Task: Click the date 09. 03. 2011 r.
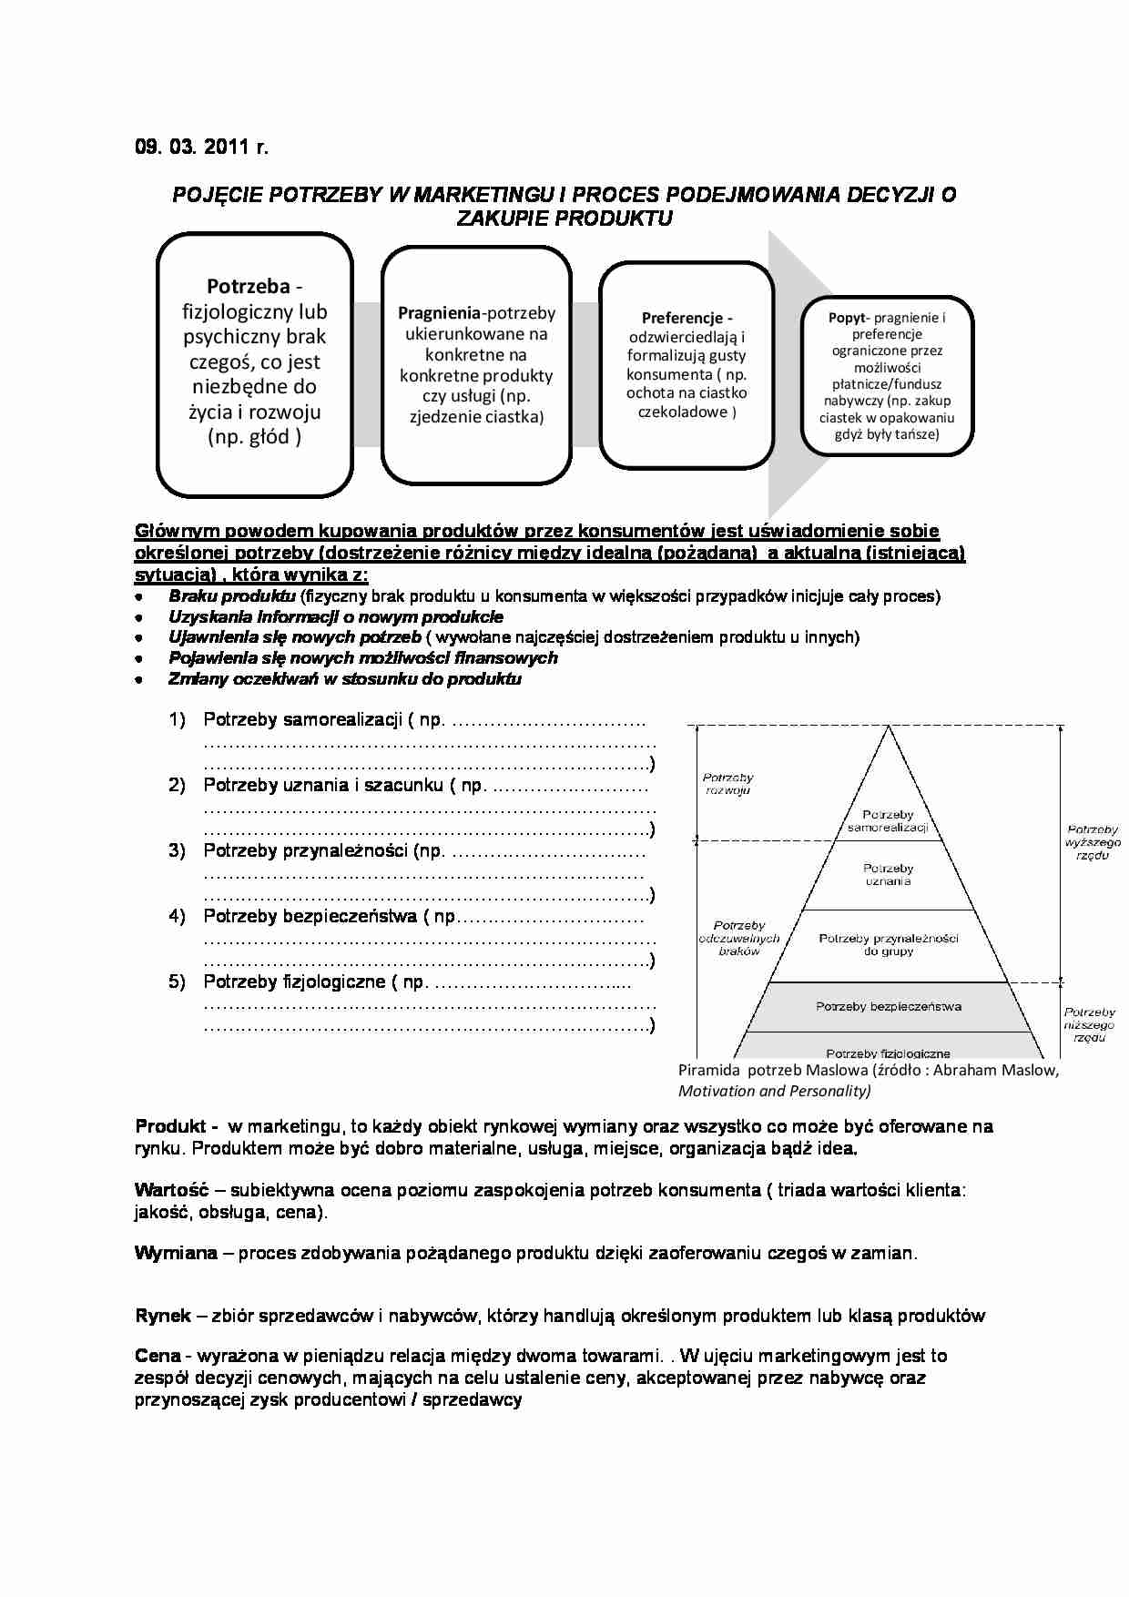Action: coord(201,147)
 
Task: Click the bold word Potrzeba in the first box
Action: coord(248,287)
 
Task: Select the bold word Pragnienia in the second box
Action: coord(439,313)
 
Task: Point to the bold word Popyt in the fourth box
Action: coord(847,318)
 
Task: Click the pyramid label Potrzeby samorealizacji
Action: coord(888,821)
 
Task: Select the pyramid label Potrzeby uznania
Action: coord(888,875)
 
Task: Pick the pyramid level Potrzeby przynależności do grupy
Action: coord(888,945)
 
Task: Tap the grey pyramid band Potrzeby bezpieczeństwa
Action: coord(888,1007)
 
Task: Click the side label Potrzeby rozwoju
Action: coord(727,784)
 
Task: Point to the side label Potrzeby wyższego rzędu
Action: coord(1092,843)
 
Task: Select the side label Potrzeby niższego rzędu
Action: coord(1089,1025)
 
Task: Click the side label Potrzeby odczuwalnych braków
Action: coord(738,939)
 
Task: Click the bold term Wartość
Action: coord(171,1190)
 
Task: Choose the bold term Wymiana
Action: coord(176,1254)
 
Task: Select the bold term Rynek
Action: coord(163,1317)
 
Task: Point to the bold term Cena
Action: coord(158,1357)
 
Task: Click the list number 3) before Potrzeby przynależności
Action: coord(177,851)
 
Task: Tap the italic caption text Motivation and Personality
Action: coord(774,1092)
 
